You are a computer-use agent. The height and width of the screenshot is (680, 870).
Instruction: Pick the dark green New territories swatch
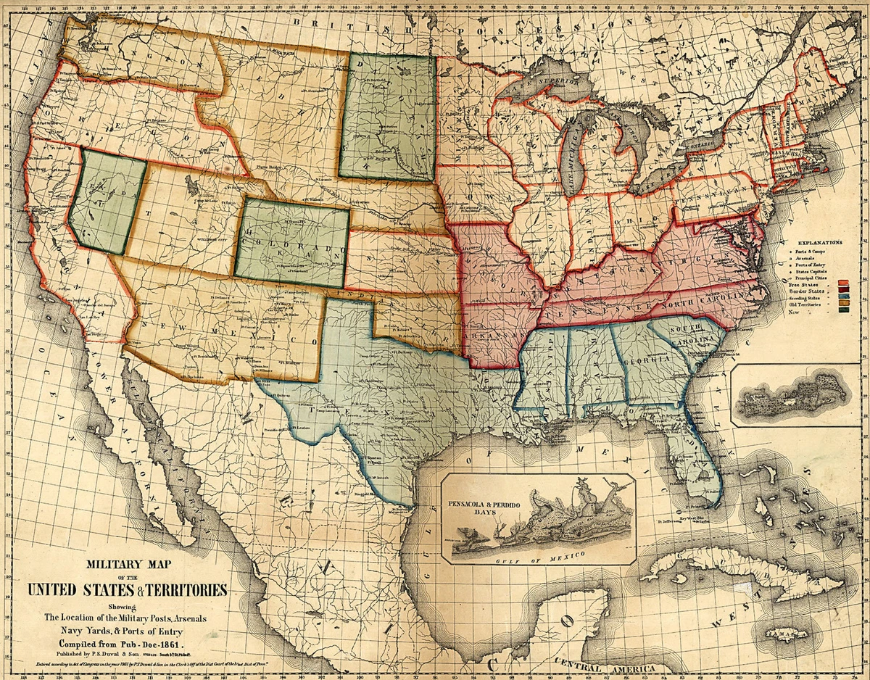[843, 311]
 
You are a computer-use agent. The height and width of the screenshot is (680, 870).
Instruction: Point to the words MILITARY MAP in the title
[128, 563]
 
